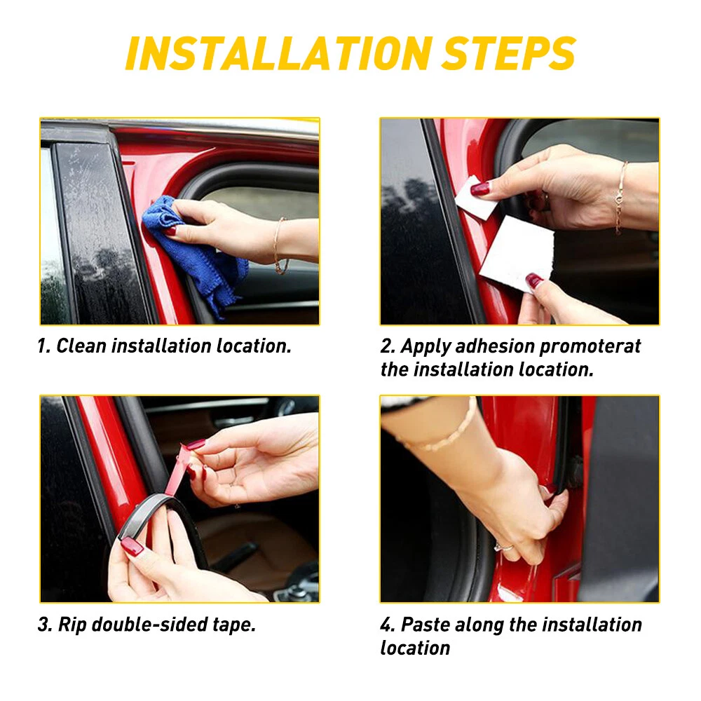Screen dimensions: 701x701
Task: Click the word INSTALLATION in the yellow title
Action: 278,54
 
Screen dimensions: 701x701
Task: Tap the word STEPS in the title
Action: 508,54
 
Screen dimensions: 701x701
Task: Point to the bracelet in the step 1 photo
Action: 280,245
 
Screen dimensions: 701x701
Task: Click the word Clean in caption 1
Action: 81,346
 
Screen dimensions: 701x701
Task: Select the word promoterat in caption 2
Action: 590,346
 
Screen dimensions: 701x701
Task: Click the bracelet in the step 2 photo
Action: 620,197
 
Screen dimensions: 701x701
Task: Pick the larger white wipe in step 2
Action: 517,252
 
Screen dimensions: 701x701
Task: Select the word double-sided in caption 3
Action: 149,625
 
